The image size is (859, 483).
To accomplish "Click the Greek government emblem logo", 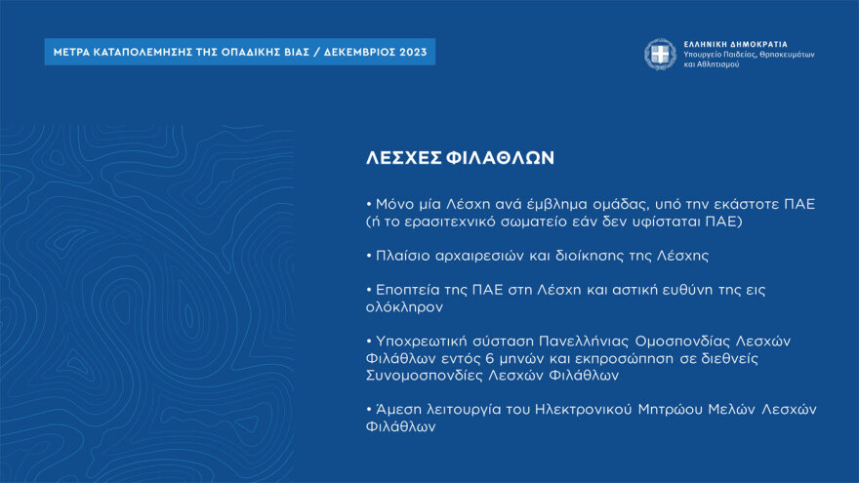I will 659,54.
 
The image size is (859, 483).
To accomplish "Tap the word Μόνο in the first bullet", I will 393,204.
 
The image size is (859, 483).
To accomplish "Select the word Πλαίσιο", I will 404,256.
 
